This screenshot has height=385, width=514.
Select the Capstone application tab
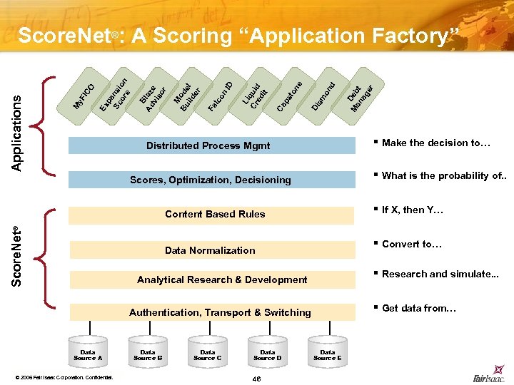289,96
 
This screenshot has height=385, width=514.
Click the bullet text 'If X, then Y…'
413,210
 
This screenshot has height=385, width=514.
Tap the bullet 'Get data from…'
418,308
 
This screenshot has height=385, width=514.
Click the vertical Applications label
17,133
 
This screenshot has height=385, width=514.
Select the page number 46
257,378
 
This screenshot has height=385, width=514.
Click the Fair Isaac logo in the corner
489,377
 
